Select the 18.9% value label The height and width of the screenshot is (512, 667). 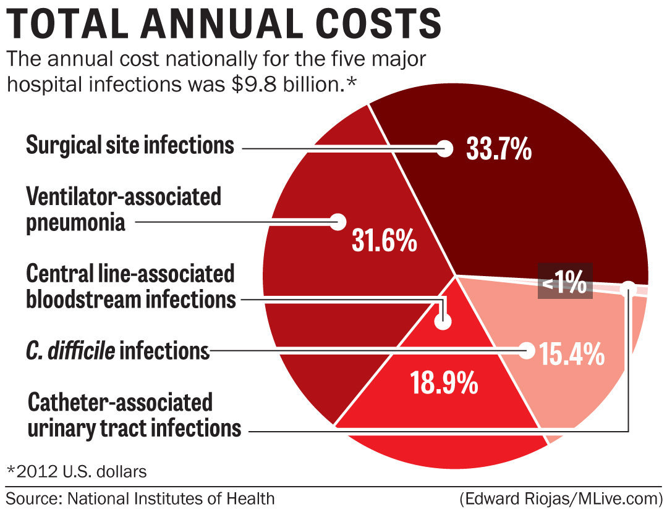pyautogui.click(x=444, y=382)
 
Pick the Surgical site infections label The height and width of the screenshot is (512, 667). pyautogui.click(x=130, y=146)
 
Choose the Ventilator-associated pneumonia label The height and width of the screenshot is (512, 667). pyautogui.click(x=123, y=209)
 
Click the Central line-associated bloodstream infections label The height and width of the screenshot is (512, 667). pyautogui.click(x=130, y=287)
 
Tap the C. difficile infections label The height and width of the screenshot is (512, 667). pyautogui.click(x=117, y=351)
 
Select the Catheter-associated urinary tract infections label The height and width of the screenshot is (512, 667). pyautogui.click(x=134, y=415)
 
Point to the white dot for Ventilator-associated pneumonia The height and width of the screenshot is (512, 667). pyautogui.click(x=338, y=222)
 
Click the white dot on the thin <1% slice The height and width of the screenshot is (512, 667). pyautogui.click(x=629, y=287)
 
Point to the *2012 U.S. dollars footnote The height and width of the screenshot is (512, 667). pyautogui.click(x=77, y=472)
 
